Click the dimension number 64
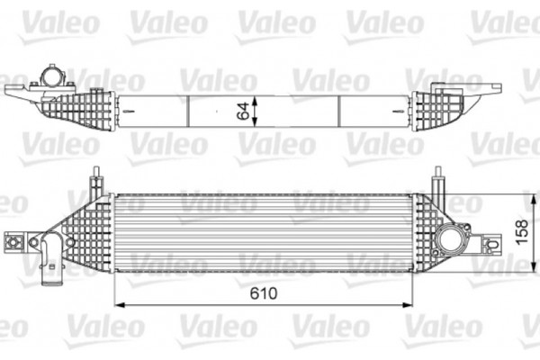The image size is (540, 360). [242, 112]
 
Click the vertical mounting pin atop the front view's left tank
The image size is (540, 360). [94, 181]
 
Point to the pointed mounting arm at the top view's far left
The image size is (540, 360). [20, 90]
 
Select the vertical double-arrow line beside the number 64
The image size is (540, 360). [256, 112]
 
